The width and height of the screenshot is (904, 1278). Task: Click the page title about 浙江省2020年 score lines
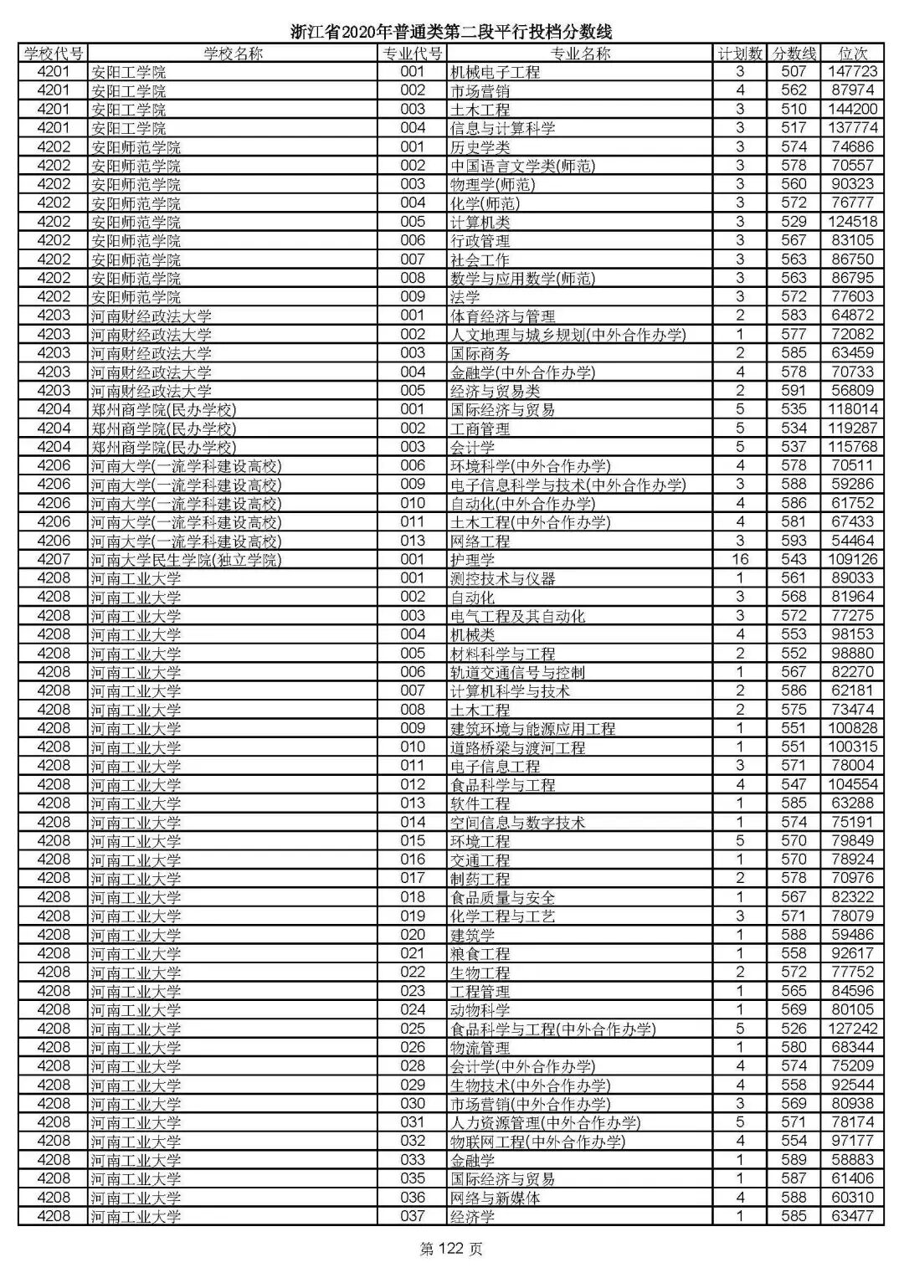click(x=451, y=32)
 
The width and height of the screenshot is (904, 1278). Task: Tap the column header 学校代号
click(x=54, y=54)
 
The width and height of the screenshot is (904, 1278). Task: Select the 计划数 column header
click(x=740, y=54)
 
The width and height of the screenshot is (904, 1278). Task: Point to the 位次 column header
click(x=852, y=54)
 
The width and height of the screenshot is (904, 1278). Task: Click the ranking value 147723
click(x=852, y=72)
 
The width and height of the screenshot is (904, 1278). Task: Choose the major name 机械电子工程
click(x=495, y=73)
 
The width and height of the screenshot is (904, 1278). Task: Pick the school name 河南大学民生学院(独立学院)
click(x=186, y=560)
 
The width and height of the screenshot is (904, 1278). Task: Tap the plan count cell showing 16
click(x=740, y=559)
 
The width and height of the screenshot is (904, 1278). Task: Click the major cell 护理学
click(x=472, y=560)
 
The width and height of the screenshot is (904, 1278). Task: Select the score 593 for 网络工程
click(x=794, y=541)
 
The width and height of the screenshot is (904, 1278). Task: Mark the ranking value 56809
click(x=852, y=391)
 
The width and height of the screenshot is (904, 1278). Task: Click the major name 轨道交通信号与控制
click(x=517, y=672)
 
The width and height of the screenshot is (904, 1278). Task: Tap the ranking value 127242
click(x=852, y=1029)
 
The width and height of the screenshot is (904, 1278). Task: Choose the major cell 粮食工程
click(x=480, y=954)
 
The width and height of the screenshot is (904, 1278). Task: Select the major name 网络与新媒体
click(x=495, y=1198)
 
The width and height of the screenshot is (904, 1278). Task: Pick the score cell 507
click(x=794, y=72)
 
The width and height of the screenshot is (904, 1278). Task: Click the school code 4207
click(x=54, y=559)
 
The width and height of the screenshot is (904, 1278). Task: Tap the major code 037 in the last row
click(x=413, y=1216)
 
